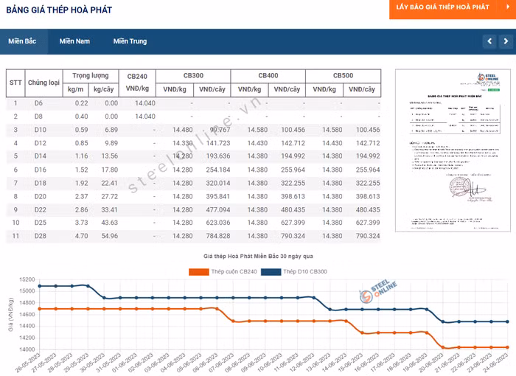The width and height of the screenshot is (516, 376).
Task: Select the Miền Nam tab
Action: coord(74,41)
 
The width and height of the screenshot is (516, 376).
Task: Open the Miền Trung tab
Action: coord(130,41)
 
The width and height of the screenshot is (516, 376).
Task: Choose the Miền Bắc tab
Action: coord(22,41)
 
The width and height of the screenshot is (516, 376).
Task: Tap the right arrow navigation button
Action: coord(506,41)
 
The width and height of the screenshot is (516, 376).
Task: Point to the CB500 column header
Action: coord(343,76)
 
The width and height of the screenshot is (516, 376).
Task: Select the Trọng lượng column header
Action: coord(91,76)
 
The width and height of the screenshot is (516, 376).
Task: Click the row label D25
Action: coord(40,223)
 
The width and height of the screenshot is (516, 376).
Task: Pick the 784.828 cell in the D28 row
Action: coord(218,236)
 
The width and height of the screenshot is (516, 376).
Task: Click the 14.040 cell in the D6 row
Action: coord(145,103)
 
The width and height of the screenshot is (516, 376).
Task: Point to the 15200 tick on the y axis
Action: coord(27,280)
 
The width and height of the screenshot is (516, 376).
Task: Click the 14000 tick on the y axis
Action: coord(27,349)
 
